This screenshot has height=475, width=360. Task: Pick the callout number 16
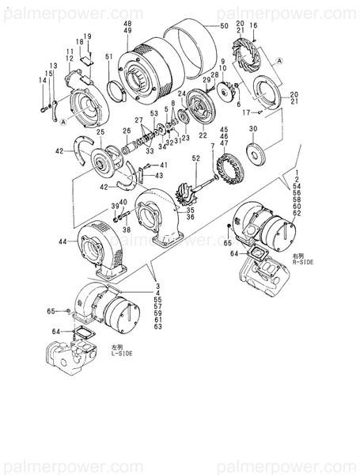tap(255, 26)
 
